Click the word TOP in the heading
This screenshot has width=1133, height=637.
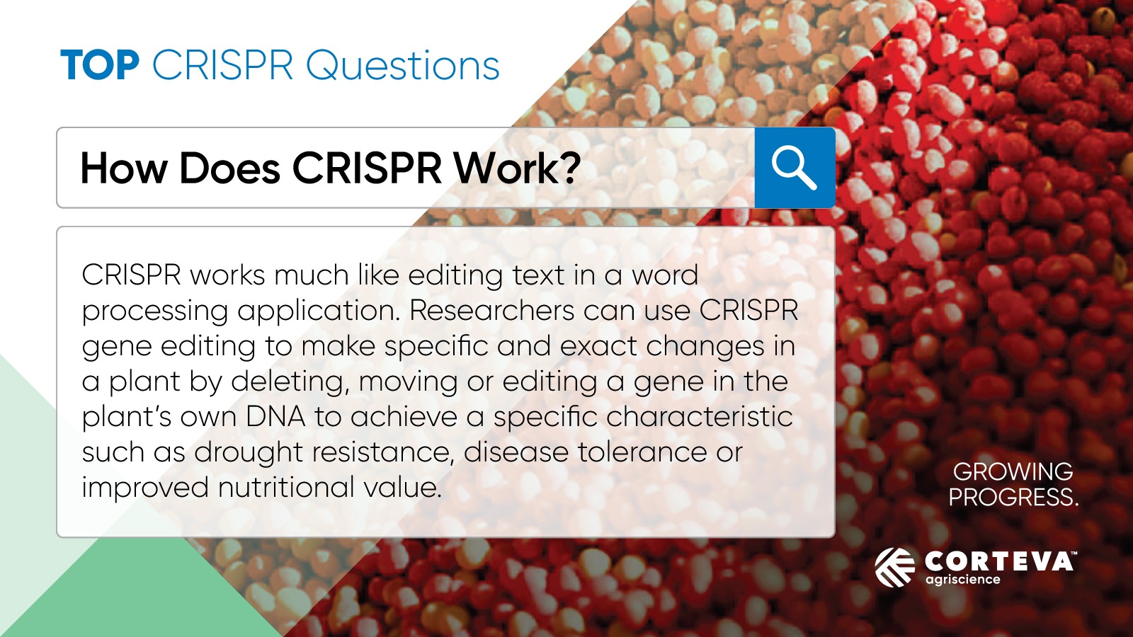(100, 65)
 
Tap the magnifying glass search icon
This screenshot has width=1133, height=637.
(794, 168)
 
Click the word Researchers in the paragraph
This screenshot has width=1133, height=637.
(491, 310)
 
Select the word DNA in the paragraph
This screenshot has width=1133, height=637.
(275, 417)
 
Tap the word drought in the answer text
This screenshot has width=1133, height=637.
(249, 452)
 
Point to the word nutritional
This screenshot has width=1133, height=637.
(286, 488)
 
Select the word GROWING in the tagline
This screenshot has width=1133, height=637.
(1013, 471)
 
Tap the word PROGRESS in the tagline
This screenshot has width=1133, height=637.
(1010, 498)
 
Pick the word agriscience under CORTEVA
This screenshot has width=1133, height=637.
(963, 580)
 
